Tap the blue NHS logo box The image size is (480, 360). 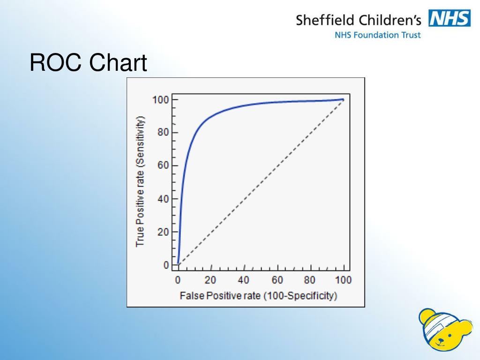pyautogui.click(x=449, y=19)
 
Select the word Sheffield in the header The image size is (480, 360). pyautogui.click(x=324, y=20)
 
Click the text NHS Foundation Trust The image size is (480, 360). pyautogui.click(x=377, y=35)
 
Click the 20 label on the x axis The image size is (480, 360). pyautogui.click(x=210, y=280)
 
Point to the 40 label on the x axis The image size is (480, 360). pyautogui.click(x=243, y=280)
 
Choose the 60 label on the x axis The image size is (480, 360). pyautogui.click(x=277, y=280)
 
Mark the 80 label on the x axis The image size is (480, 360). pyautogui.click(x=309, y=280)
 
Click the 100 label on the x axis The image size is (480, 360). pyautogui.click(x=343, y=280)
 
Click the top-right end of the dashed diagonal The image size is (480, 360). pyautogui.click(x=343, y=100)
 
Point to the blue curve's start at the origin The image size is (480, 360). pyautogui.click(x=179, y=264)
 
